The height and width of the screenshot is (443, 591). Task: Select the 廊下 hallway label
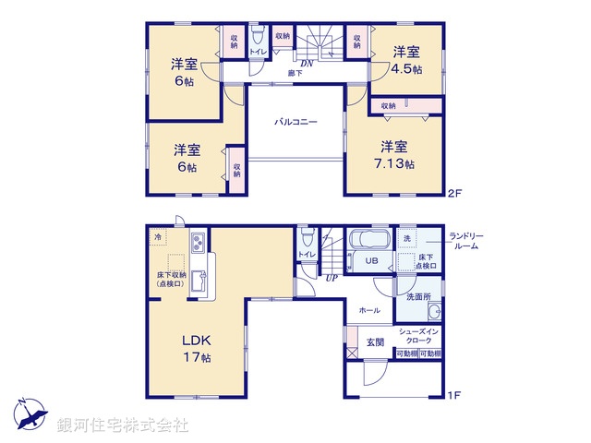[x=295, y=72]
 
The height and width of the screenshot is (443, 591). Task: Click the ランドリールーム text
[x=465, y=240]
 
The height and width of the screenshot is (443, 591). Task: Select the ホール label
[x=368, y=311]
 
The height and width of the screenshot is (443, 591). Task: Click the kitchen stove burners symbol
[x=198, y=244]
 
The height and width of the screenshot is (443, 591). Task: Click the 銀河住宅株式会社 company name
[x=123, y=425]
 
